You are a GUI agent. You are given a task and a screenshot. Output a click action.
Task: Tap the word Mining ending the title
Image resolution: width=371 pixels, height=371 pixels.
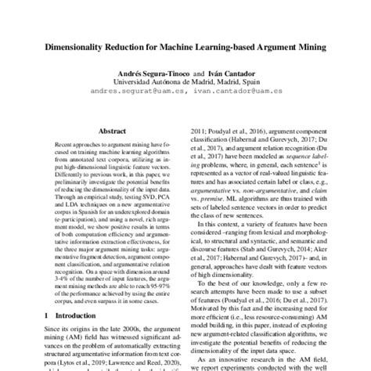[x=308, y=47]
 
